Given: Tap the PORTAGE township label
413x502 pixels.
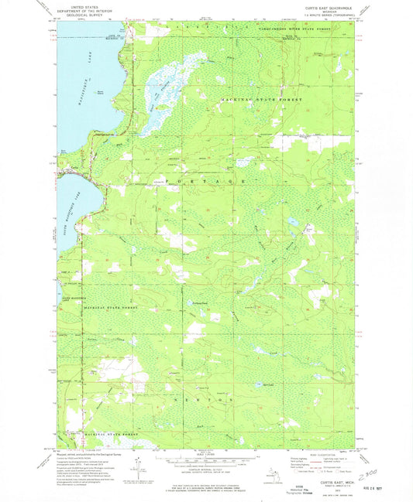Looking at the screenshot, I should (208, 179).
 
